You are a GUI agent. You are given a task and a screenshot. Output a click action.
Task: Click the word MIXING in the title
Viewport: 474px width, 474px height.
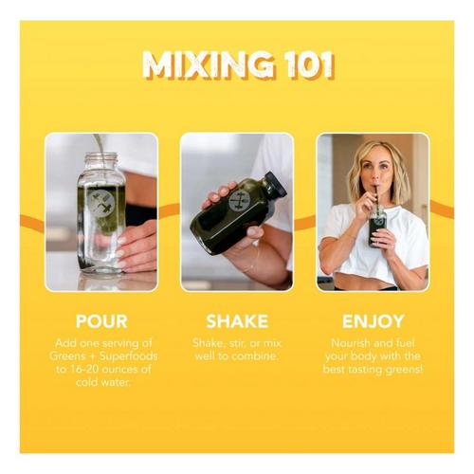pyautogui.click(x=208, y=64)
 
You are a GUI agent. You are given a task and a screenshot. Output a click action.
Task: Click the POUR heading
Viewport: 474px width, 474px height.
pyautogui.click(x=101, y=321)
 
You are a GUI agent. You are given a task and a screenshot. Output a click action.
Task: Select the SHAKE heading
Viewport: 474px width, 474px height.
pyautogui.click(x=237, y=321)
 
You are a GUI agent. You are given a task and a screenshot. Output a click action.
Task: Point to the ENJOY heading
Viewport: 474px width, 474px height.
pyautogui.click(x=373, y=321)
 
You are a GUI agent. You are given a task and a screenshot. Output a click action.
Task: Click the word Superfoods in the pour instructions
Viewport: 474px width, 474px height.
pyautogui.click(x=129, y=356)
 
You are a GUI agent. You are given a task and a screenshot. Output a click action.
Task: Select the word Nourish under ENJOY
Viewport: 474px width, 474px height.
pyautogui.click(x=350, y=343)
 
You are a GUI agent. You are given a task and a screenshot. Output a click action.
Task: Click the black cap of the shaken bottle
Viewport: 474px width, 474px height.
pyautogui.click(x=276, y=184)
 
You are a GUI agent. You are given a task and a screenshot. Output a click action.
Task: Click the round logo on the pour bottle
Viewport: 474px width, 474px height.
pyautogui.click(x=101, y=202)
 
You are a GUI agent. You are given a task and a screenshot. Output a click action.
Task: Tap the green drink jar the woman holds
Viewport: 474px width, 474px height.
pyautogui.click(x=377, y=226)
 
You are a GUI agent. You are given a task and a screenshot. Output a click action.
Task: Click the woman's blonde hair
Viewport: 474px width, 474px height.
pyautogui.click(x=378, y=169)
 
